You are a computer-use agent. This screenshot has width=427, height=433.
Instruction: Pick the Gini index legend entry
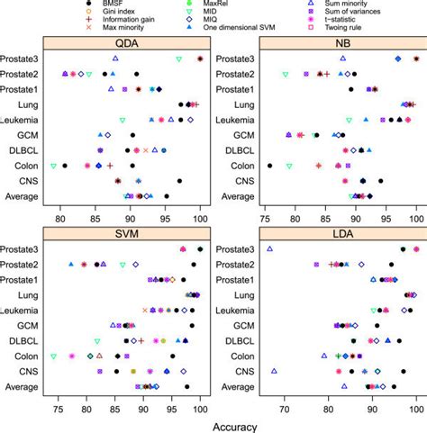[87, 14]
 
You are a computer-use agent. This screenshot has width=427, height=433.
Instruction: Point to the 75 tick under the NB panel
[266, 217]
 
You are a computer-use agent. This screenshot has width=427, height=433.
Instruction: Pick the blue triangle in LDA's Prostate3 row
[269, 248]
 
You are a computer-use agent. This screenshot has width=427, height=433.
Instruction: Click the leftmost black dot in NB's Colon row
[270, 166]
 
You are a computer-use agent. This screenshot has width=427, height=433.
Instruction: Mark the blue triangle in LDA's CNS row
[275, 371]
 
